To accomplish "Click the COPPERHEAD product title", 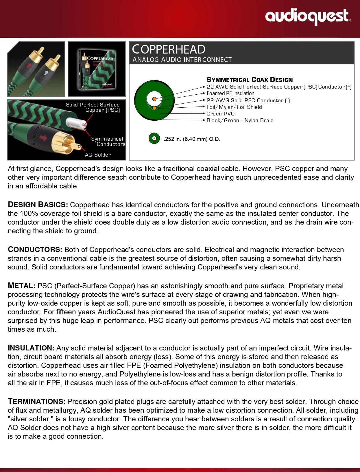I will tap(169, 49).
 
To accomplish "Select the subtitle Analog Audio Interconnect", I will tap(182, 60).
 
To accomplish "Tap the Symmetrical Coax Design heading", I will tap(250, 80).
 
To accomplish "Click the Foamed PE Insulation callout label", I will tap(230, 93).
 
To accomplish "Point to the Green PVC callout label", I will tap(220, 114).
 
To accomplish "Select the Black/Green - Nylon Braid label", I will tap(240, 120).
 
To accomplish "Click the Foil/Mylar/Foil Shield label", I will tap(234, 107).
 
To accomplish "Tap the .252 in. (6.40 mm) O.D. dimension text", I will tap(192, 139).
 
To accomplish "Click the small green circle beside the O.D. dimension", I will tap(154, 139).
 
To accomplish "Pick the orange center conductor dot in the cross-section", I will tap(154, 99).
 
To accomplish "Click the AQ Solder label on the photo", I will tap(98, 155).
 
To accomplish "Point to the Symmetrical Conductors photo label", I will tap(108, 142).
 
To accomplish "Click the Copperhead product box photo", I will tap(97, 69).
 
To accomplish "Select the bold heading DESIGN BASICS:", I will tap(38, 205).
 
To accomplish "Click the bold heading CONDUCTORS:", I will tap(35, 250).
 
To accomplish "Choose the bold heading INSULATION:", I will tap(31, 348).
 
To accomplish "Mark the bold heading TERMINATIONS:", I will tap(37, 402).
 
